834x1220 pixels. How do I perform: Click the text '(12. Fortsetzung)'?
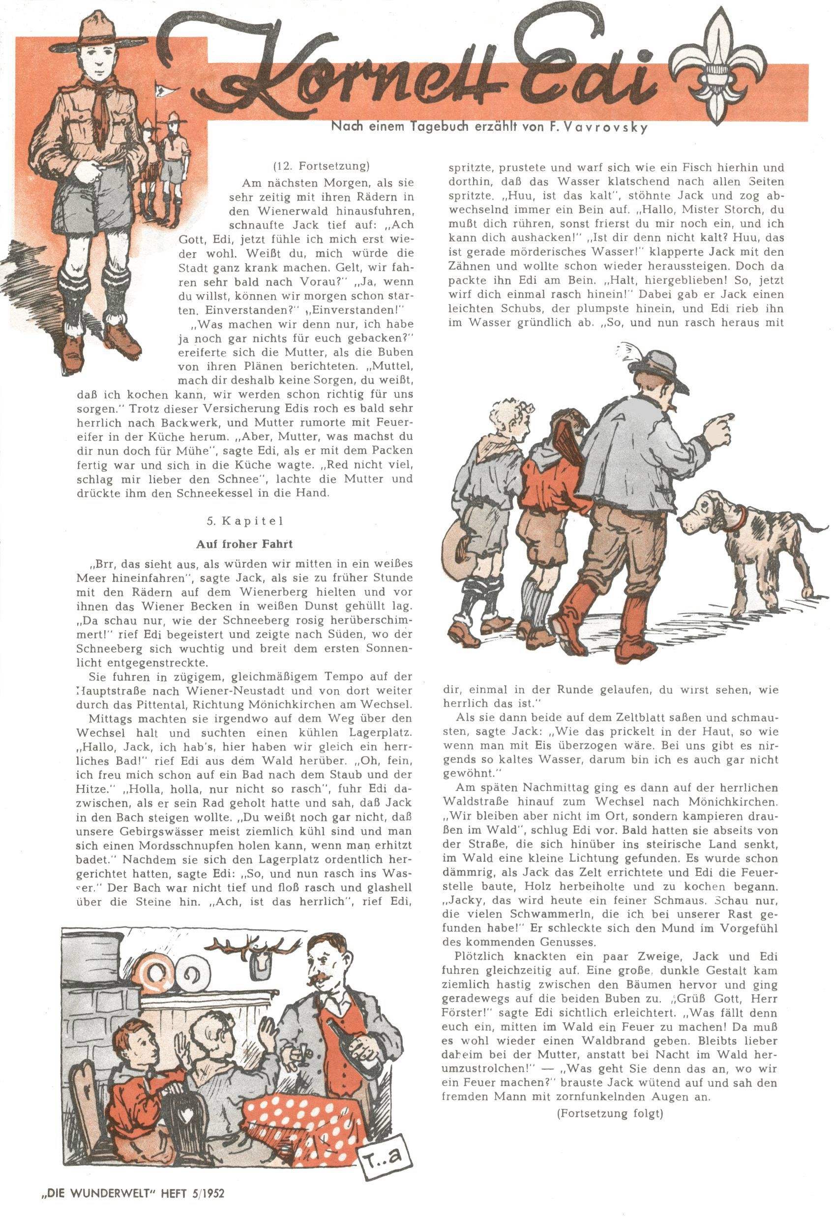coord(321,166)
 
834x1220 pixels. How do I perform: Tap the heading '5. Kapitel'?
coord(244,521)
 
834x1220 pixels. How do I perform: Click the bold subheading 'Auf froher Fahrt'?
coord(244,544)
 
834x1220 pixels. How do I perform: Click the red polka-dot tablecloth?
coord(304,1118)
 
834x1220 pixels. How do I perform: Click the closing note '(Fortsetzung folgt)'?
coord(609,1113)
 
